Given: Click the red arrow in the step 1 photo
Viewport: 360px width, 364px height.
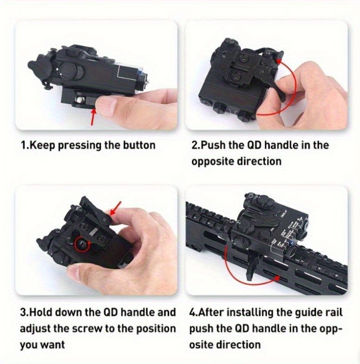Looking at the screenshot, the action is pos(93,117).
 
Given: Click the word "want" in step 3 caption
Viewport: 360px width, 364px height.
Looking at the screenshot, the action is pos(54,345).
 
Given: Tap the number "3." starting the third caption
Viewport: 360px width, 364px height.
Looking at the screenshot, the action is pos(25,312).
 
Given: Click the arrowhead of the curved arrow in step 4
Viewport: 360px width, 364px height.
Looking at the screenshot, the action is pos(276,278).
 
